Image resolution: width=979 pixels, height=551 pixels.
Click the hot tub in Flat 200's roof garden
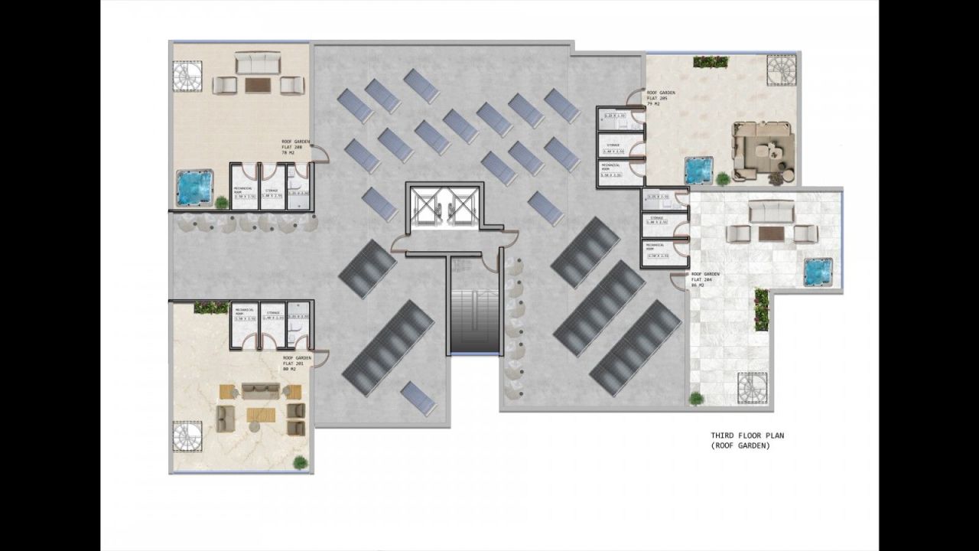194,187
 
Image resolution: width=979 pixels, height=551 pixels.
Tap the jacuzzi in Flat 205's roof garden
698,171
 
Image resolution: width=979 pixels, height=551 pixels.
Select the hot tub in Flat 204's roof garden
818,272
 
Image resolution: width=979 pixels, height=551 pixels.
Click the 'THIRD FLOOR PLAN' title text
747,436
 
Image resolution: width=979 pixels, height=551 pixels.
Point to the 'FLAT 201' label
294,364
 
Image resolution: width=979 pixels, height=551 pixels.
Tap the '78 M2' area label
289,154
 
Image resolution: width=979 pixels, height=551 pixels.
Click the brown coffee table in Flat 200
259,85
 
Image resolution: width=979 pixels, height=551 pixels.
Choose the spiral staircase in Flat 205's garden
782,70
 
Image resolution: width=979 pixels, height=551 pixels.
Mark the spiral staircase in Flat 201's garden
187,436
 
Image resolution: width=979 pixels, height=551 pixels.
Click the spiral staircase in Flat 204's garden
752,388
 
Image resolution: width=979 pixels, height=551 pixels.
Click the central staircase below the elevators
474,314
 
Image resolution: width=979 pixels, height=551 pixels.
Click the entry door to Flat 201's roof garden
320,357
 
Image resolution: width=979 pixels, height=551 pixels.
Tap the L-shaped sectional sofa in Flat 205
763,151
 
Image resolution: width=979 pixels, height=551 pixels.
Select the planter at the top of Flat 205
711,62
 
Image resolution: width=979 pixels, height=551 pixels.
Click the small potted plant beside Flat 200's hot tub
222,203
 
